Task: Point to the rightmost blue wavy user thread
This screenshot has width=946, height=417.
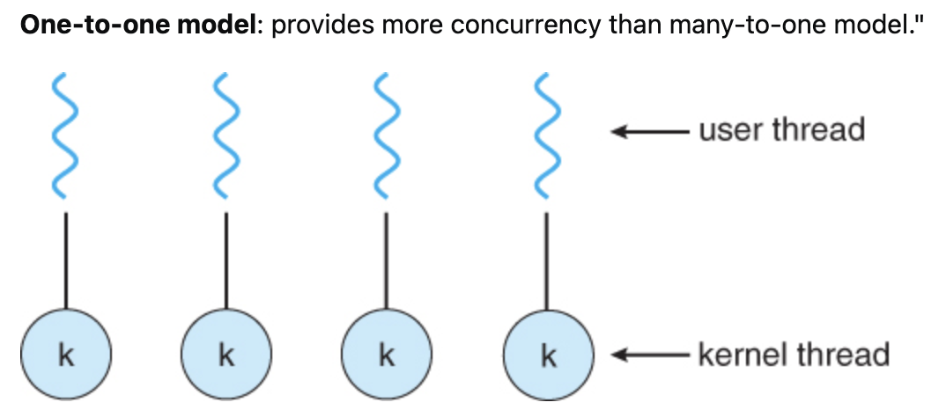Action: coord(547,135)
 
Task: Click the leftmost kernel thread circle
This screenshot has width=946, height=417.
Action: coord(66,355)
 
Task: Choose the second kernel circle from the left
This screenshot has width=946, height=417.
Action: coord(226,355)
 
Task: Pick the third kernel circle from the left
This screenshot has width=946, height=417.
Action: coord(387,355)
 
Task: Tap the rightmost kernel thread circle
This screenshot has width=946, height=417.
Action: coord(548,355)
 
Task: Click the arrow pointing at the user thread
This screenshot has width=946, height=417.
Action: coord(648,132)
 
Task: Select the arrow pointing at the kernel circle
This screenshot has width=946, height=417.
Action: coord(648,355)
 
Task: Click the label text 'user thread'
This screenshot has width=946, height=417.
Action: coord(781,130)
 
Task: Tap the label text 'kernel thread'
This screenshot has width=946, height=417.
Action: coord(793,355)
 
